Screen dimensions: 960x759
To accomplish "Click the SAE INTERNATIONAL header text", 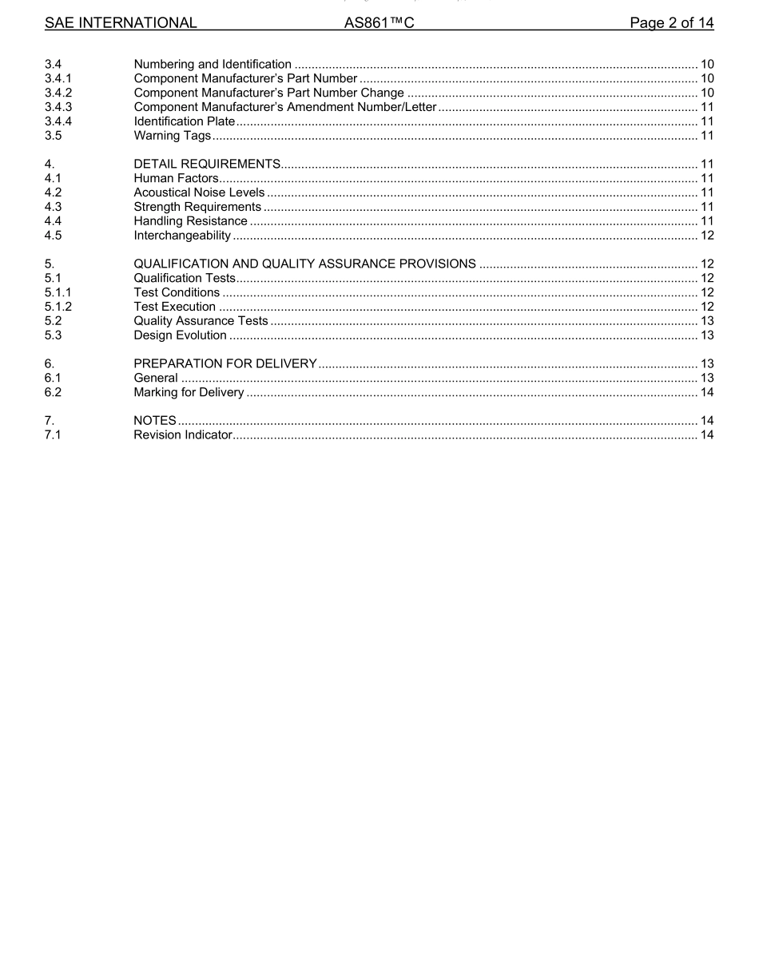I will click(x=121, y=23).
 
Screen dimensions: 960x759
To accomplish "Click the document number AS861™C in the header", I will click(x=379, y=23).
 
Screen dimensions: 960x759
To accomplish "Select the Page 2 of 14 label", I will click(x=671, y=23).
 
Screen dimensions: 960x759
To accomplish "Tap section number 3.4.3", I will click(x=58, y=107).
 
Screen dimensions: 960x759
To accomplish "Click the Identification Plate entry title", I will click(x=185, y=121).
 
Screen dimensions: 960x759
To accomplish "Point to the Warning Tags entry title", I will click(x=173, y=136).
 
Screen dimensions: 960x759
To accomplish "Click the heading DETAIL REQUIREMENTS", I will click(x=207, y=165).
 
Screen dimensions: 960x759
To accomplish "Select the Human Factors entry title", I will click(x=176, y=179).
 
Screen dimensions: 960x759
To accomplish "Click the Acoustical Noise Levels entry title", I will click(x=199, y=192).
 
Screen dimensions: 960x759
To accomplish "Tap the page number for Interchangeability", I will click(x=706, y=236).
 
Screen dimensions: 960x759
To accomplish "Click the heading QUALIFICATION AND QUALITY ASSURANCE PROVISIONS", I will click(x=304, y=264).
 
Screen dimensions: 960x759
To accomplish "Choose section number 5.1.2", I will click(x=58, y=307).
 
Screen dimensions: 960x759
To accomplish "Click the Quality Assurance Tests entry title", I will click(x=201, y=321).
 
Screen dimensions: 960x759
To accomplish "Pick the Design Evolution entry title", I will click(x=180, y=335).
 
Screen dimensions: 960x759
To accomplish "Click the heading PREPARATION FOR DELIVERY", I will click(x=225, y=364).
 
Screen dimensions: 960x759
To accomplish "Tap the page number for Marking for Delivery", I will click(x=706, y=392).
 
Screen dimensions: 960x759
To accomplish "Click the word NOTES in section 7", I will click(x=155, y=421).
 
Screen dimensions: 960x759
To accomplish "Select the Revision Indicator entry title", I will click(x=183, y=435).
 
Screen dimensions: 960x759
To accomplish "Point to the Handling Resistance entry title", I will click(x=190, y=221).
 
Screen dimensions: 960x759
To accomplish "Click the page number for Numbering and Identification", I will click(x=706, y=65).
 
